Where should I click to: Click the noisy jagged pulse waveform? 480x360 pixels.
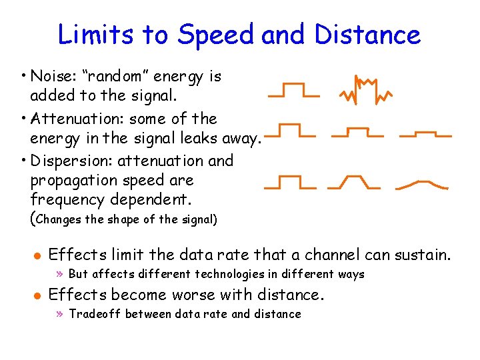click(364, 90)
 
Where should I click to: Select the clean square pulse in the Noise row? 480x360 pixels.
click(293, 91)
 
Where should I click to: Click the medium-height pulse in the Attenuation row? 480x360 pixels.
click(357, 132)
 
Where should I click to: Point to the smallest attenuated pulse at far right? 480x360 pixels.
click(425, 134)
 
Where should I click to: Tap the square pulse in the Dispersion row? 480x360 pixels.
click(289, 182)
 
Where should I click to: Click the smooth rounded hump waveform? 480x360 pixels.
click(422, 183)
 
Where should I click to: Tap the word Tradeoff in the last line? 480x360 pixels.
click(95, 314)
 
